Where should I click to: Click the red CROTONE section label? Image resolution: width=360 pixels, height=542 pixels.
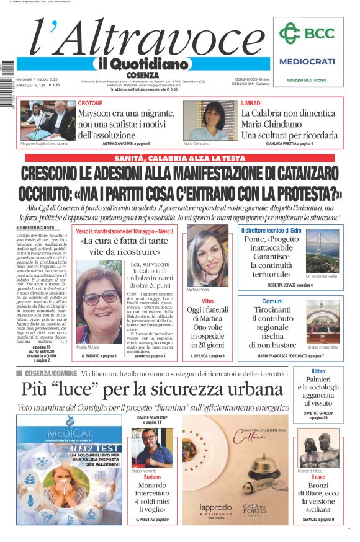90,103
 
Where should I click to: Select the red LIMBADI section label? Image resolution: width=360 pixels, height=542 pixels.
251,103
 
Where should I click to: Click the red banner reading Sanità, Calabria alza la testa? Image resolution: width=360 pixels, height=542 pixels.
180,158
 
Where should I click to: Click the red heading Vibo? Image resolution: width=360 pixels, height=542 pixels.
207,300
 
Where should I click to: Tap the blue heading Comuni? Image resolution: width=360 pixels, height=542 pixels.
272,300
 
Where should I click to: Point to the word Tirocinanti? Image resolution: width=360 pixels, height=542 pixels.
272,309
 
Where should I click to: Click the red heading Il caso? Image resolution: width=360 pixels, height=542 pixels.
318,477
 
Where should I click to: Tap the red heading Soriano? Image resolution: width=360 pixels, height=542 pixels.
152,478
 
